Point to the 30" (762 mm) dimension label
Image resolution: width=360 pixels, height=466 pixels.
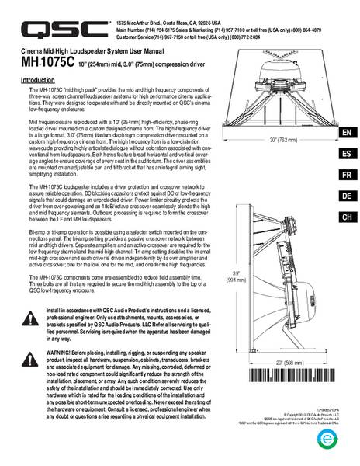coord(283,140)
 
